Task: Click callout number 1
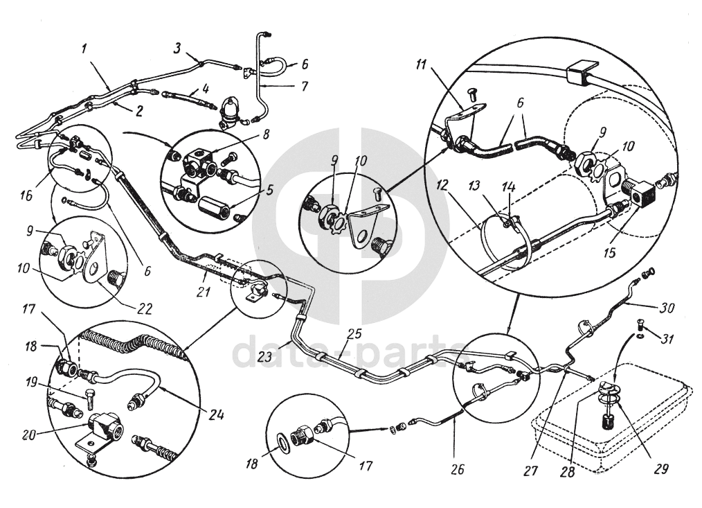(x=84, y=49)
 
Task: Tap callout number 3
(x=178, y=47)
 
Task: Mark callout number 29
(x=660, y=468)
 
